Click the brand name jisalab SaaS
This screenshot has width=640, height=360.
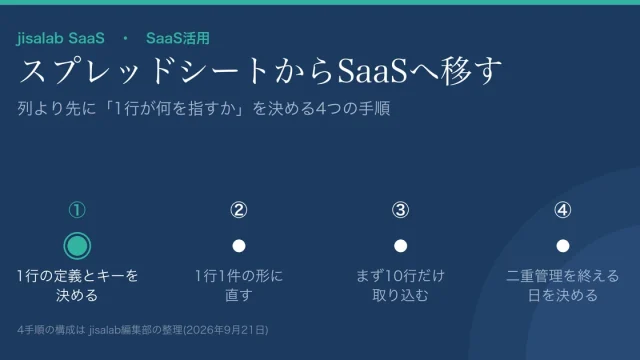60,38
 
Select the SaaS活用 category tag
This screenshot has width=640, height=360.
178,38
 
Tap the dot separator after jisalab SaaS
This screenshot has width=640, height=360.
125,38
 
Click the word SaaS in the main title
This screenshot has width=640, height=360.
373,71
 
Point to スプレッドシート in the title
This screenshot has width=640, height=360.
144,71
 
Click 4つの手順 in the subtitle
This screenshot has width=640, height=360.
353,109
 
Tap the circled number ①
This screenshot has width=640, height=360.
77,210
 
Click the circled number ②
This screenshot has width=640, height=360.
239,210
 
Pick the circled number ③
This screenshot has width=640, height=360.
400,210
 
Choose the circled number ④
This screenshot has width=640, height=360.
562,210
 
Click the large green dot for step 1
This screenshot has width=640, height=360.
77,246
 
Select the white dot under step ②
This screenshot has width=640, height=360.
239,246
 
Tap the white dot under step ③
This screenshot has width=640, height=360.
400,246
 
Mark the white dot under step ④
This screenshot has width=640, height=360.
562,246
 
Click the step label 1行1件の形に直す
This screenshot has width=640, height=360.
239,285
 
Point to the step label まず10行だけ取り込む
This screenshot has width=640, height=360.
400,285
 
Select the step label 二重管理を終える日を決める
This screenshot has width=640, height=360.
562,285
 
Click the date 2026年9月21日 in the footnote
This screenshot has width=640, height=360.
226,330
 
